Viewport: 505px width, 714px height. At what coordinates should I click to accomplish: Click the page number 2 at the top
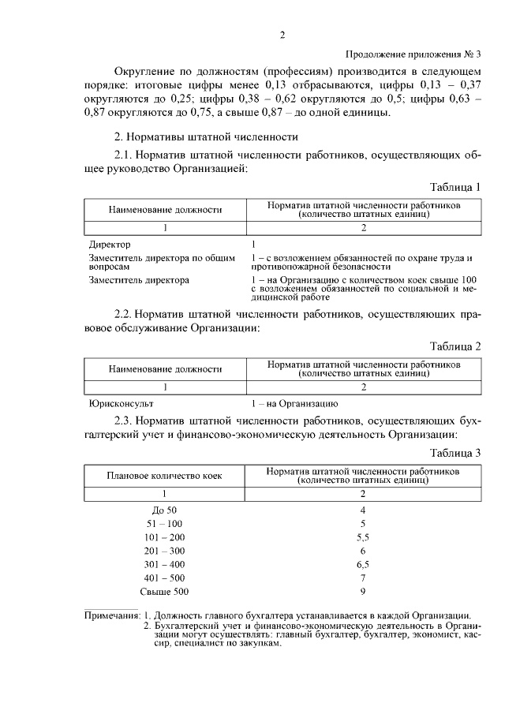[281, 35]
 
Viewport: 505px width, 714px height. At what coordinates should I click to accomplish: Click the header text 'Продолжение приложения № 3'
[413, 54]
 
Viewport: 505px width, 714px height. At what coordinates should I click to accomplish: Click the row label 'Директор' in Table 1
[110, 245]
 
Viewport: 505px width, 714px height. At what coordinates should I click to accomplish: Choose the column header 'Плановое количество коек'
[165, 476]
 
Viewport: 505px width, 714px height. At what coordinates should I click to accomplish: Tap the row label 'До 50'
[164, 510]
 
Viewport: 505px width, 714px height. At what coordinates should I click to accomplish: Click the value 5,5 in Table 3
[363, 537]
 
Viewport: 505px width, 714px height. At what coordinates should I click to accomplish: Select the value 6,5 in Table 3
[363, 565]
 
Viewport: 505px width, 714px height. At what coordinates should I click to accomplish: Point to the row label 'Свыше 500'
[164, 592]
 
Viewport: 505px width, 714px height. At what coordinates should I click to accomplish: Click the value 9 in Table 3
[363, 592]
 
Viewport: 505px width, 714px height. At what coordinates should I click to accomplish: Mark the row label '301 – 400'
[164, 565]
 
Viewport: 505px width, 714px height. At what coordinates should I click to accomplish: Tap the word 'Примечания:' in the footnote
[112, 615]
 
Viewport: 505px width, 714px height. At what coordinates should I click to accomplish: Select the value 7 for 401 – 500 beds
[363, 578]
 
